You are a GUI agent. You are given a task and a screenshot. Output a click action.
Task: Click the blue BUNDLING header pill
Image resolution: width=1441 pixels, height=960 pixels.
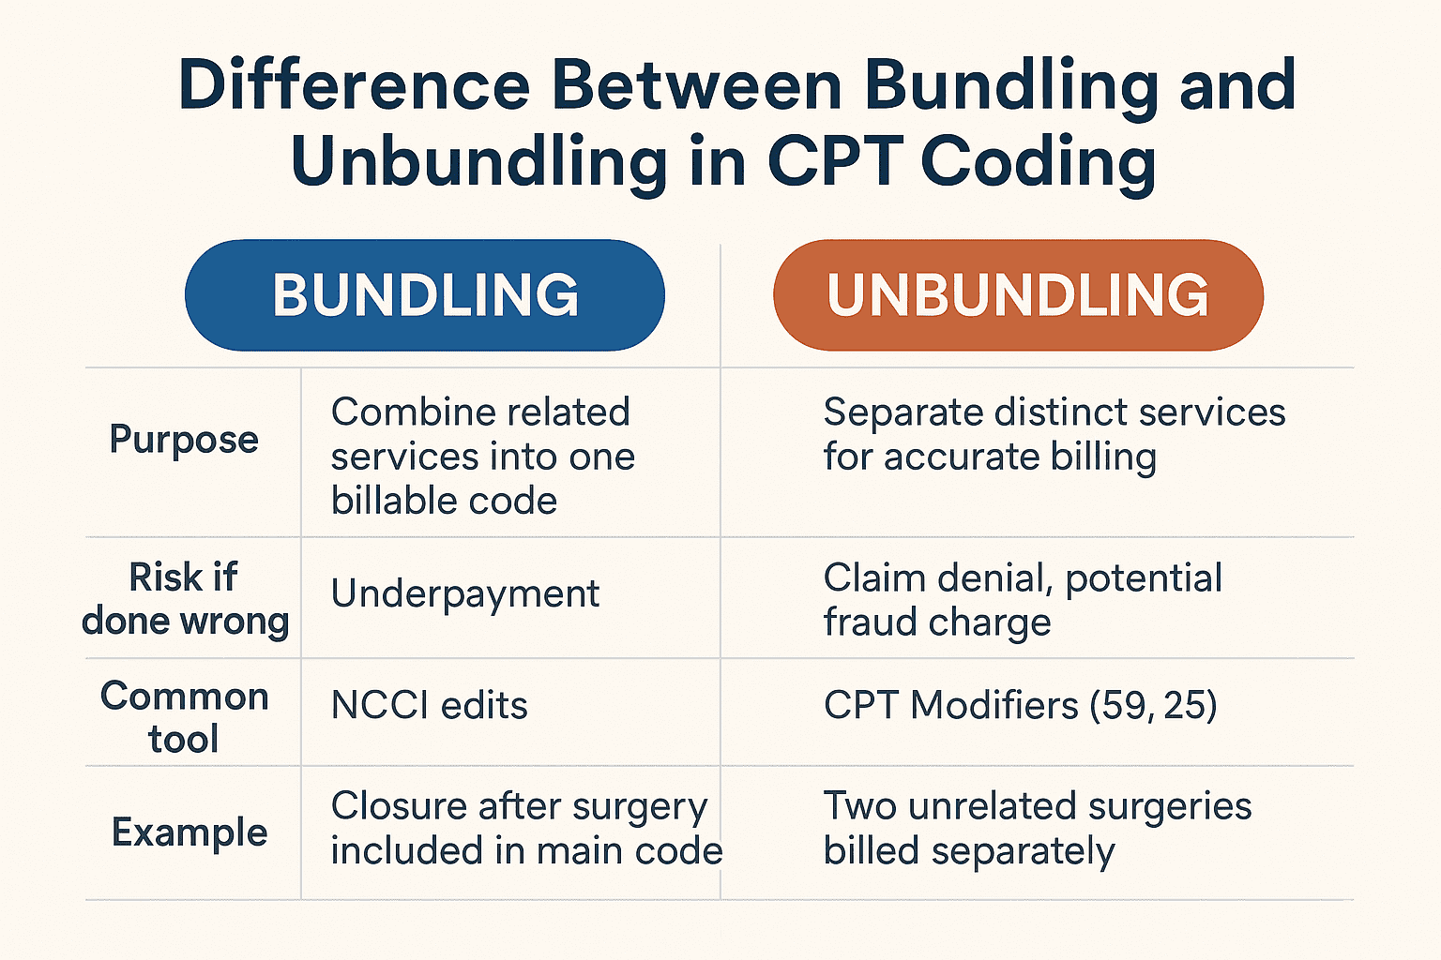pyautogui.click(x=425, y=295)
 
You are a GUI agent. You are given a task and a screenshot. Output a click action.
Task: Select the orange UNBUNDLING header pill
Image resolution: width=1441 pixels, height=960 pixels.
pyautogui.click(x=1018, y=295)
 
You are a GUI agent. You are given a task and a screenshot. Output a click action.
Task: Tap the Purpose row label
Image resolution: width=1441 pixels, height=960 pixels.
pyautogui.click(x=184, y=439)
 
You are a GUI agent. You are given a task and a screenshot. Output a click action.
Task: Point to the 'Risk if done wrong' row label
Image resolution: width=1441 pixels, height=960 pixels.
pyautogui.click(x=185, y=599)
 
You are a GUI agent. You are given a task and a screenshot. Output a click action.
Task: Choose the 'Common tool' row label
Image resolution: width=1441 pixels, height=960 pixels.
pyautogui.click(x=185, y=717)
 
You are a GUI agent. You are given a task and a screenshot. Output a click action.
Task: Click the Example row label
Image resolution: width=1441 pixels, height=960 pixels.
pyautogui.click(x=190, y=832)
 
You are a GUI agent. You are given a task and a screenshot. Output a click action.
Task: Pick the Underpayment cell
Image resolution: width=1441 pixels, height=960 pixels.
pyautogui.click(x=465, y=593)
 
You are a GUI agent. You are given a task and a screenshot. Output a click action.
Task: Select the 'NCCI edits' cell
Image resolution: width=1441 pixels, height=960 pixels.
pyautogui.click(x=430, y=705)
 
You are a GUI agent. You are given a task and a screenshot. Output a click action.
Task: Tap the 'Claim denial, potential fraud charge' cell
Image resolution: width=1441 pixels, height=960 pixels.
pyautogui.click(x=1023, y=600)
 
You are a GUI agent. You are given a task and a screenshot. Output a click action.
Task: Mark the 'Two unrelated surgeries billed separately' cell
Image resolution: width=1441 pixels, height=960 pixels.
pyautogui.click(x=1038, y=829)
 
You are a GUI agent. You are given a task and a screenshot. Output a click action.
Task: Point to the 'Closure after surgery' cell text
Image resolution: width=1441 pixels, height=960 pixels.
pyautogui.click(x=519, y=806)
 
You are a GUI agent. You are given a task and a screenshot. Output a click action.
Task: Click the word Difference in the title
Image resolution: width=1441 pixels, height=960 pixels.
pyautogui.click(x=355, y=86)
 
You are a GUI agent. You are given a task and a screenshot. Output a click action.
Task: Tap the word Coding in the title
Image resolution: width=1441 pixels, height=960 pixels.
pyautogui.click(x=1039, y=161)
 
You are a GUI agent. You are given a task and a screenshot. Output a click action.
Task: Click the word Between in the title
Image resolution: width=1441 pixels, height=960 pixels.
pyautogui.click(x=697, y=86)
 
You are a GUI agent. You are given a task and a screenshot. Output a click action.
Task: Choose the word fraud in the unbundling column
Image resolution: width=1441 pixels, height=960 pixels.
pyautogui.click(x=868, y=622)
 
